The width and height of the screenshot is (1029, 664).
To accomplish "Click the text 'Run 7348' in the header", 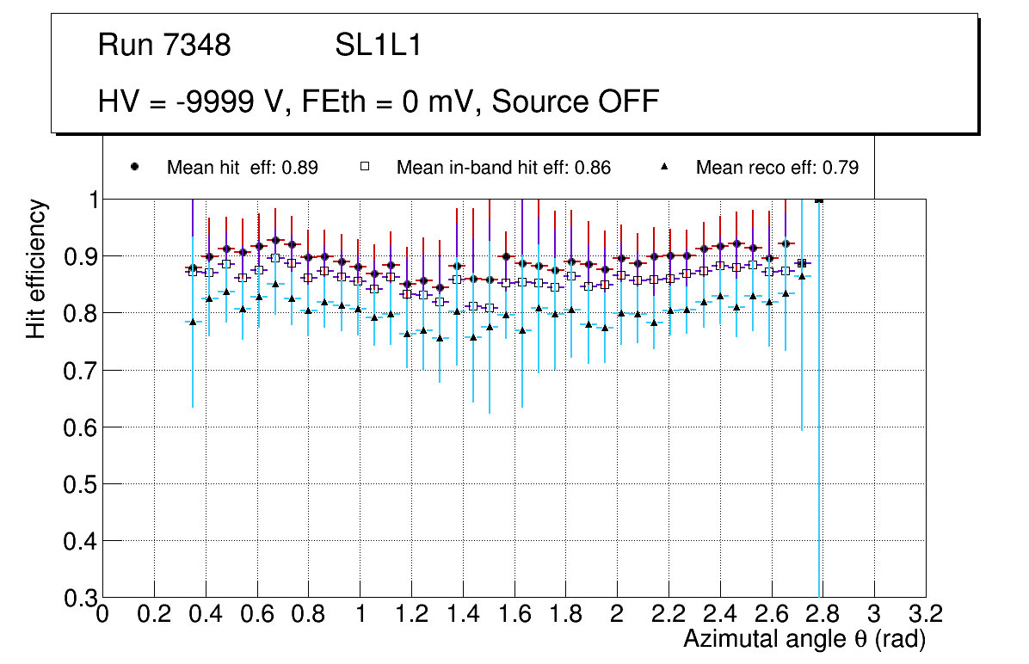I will [164, 46].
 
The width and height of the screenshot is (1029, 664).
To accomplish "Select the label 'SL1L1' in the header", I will [378, 46].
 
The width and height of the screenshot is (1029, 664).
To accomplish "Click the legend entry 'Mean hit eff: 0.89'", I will [242, 168].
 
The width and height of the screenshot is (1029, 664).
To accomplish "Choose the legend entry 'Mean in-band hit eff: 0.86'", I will [503, 168].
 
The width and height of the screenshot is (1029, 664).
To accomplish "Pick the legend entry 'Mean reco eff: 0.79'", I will [777, 168].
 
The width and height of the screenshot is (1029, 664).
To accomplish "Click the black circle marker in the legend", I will [134, 167].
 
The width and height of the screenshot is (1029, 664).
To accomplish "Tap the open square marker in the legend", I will [364, 167].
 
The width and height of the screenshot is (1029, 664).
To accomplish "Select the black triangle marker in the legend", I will [664, 167].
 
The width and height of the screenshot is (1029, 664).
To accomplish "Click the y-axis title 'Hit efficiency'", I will [36, 268].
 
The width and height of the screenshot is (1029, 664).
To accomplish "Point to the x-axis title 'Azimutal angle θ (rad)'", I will [804, 639].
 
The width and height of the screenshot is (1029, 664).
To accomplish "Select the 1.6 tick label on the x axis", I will [514, 614].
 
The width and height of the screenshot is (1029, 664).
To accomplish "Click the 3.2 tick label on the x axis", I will [925, 614].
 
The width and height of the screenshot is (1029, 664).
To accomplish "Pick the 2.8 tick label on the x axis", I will [822, 614].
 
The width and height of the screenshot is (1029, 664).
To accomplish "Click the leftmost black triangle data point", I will [193, 322].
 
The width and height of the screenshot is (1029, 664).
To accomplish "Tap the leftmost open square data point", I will [193, 272].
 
